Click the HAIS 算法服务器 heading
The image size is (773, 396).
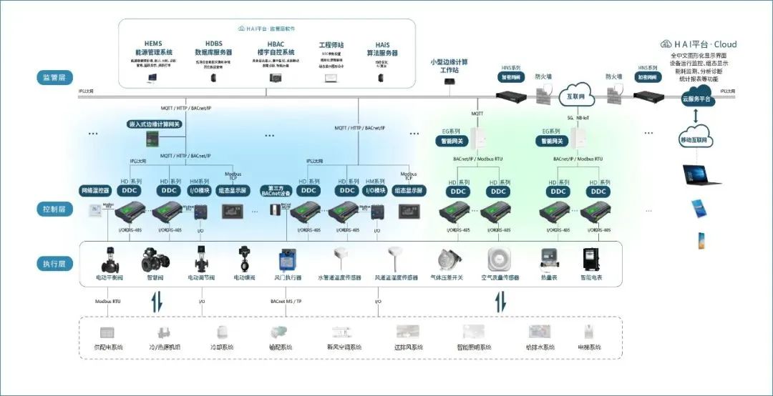pos(386,49)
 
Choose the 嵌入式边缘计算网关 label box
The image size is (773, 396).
pos(155,124)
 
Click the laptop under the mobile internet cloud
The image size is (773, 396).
pos(699,173)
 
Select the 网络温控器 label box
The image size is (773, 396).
pos(94,191)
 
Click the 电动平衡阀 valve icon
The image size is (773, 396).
pos(110,259)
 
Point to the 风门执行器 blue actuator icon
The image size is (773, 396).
pos(288,259)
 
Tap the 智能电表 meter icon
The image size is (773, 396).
pos(590,259)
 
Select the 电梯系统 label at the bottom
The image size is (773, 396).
pos(589,347)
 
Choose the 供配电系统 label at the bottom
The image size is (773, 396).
pos(109,347)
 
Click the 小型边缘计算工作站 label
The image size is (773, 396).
pos(449,66)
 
